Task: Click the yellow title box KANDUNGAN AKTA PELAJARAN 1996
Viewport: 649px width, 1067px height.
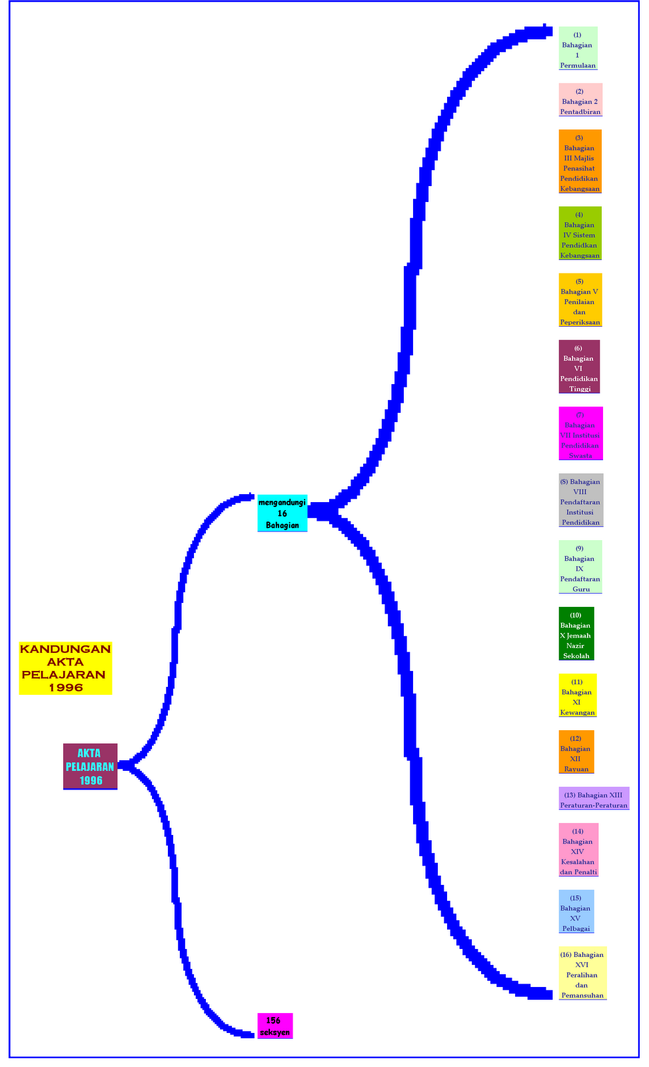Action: click(65, 668)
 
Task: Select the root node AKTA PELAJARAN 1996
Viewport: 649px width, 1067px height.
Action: click(90, 766)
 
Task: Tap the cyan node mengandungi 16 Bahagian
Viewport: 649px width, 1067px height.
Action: click(282, 513)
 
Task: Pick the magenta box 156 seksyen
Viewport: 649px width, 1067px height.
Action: click(275, 1026)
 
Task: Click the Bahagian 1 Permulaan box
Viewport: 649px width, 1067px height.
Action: click(578, 49)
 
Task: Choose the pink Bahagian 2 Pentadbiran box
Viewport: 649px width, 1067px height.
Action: click(580, 101)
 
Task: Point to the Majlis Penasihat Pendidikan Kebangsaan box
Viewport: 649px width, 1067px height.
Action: click(580, 162)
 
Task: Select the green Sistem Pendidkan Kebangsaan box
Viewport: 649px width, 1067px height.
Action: click(580, 233)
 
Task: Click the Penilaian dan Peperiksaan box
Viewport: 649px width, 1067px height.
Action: click(580, 300)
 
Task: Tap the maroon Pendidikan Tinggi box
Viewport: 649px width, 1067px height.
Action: click(579, 367)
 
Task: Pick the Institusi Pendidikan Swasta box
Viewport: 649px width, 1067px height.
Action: click(580, 433)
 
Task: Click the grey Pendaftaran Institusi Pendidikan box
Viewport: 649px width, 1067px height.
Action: click(580, 500)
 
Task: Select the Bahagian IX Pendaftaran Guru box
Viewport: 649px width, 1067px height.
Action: click(580, 567)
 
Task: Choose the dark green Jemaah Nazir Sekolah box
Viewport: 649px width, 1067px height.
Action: click(576, 634)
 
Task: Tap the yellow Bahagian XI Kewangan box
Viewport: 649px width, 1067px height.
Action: click(577, 696)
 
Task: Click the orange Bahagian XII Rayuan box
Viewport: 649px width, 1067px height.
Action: click(576, 752)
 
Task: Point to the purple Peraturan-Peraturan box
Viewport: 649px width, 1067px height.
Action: click(594, 799)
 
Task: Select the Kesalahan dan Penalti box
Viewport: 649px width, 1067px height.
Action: click(578, 850)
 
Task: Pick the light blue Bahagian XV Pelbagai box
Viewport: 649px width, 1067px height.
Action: click(576, 912)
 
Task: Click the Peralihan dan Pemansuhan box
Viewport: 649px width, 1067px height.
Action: click(582, 974)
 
